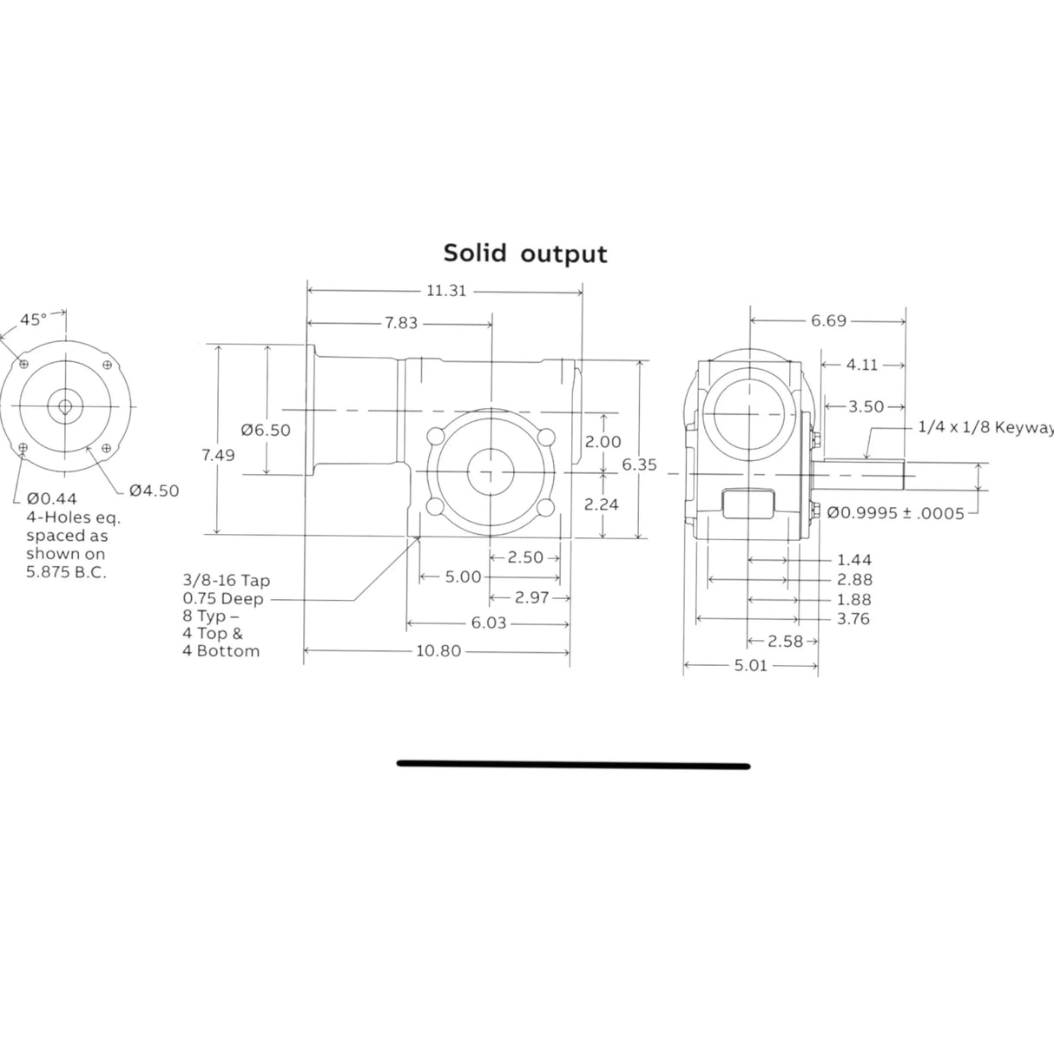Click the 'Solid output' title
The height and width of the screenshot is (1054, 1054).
coord(525,254)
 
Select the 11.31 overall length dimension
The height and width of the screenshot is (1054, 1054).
coord(445,291)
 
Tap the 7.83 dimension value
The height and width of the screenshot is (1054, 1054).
coord(400,323)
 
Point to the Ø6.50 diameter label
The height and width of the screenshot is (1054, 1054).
coord(266,430)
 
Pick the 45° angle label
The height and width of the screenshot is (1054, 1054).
coord(33,319)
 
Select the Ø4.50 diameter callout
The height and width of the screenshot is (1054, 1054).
coord(154,491)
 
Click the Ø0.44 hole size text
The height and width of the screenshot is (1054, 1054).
coord(51,498)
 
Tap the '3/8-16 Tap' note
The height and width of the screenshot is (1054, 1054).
coord(226,581)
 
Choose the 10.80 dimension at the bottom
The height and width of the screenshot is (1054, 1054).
coord(438,651)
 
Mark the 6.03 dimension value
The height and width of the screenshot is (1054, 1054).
coord(488,623)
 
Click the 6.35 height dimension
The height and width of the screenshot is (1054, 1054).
coord(639,464)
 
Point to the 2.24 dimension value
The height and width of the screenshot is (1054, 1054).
coord(602,504)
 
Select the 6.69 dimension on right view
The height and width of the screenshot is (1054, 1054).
coord(828,321)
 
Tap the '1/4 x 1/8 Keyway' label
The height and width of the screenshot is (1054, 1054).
coord(985,427)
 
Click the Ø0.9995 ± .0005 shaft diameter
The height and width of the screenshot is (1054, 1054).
coord(895,513)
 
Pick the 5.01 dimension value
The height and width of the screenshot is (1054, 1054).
coord(750,667)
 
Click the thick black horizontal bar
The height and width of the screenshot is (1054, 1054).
coord(573,765)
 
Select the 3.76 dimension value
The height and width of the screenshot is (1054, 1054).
coord(853,619)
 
